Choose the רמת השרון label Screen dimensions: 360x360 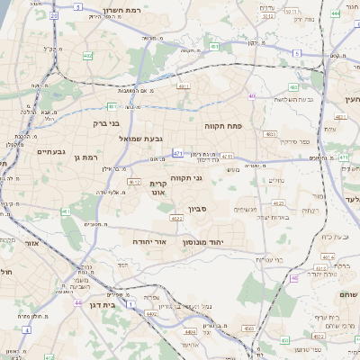tap(120, 7)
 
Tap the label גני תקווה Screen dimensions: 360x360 tap(186, 178)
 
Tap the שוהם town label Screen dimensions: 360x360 tap(347, 296)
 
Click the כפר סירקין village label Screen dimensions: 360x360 tap(293, 142)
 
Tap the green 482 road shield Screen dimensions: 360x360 tap(88, 57)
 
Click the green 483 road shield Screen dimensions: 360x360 tap(293, 87)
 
